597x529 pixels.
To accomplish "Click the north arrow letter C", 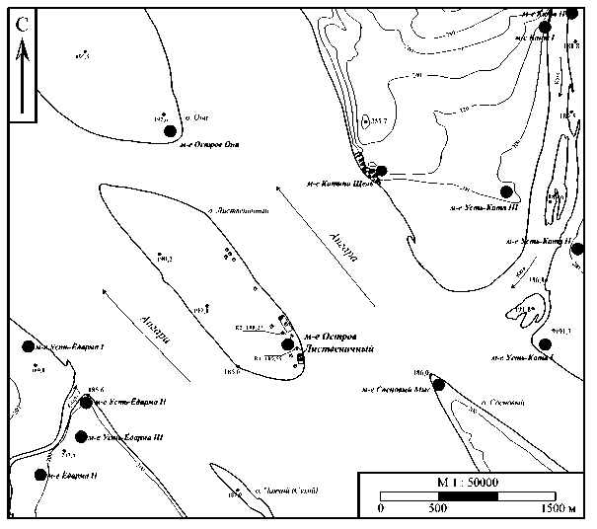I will [22, 26].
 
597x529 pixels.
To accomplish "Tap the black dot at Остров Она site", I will [171, 130].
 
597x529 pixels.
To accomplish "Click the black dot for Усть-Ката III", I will [506, 191].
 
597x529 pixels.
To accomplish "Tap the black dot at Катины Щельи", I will [381, 171].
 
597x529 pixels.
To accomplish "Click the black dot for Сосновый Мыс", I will [438, 383].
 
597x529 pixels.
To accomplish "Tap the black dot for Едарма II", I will [40, 475].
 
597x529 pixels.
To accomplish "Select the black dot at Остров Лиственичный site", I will [288, 344].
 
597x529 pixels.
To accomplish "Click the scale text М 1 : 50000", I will [468, 481].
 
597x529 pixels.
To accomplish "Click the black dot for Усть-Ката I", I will [544, 343].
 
